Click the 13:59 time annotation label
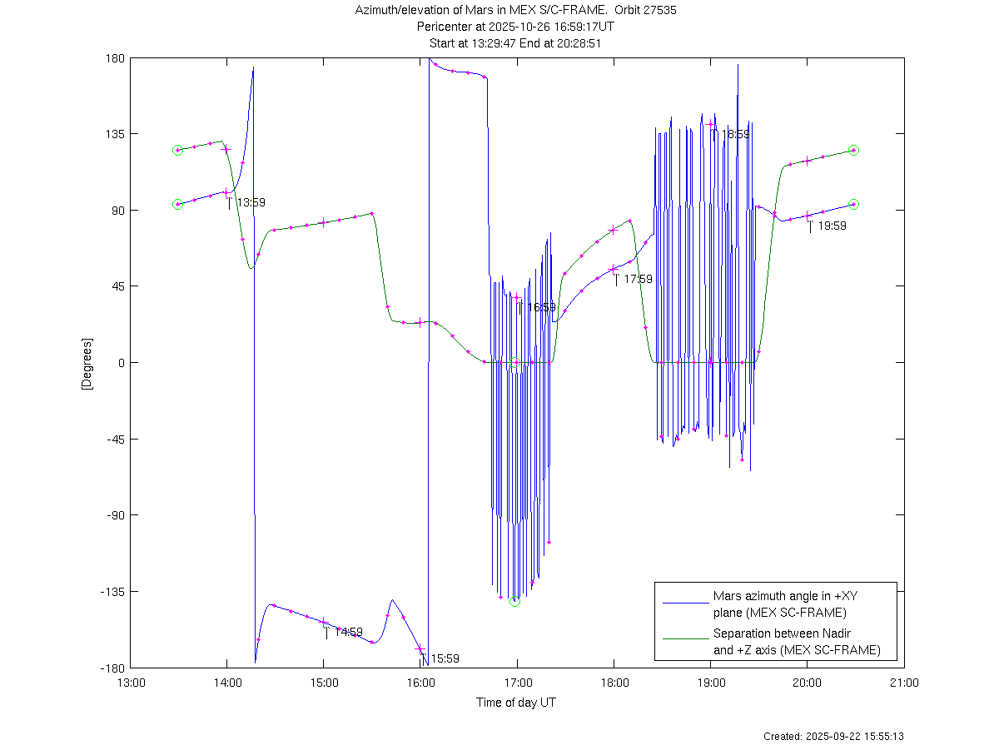pyautogui.click(x=251, y=202)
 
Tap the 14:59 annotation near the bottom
pyautogui.click(x=348, y=632)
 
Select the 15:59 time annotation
pyautogui.click(x=445, y=658)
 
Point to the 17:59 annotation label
pyautogui.click(x=638, y=279)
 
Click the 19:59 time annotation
pyautogui.click(x=832, y=226)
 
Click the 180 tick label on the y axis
pyautogui.click(x=115, y=58)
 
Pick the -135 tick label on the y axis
pyautogui.click(x=112, y=592)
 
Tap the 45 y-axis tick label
pyautogui.click(x=117, y=286)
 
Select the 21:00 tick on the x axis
pyautogui.click(x=904, y=683)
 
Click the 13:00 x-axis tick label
pyautogui.click(x=130, y=683)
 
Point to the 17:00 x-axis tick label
pyautogui.click(x=517, y=683)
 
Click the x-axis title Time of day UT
pyautogui.click(x=516, y=703)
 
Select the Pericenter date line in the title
pyautogui.click(x=516, y=27)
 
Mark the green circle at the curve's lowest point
pyautogui.click(x=514, y=601)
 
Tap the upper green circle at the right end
pyautogui.click(x=853, y=150)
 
